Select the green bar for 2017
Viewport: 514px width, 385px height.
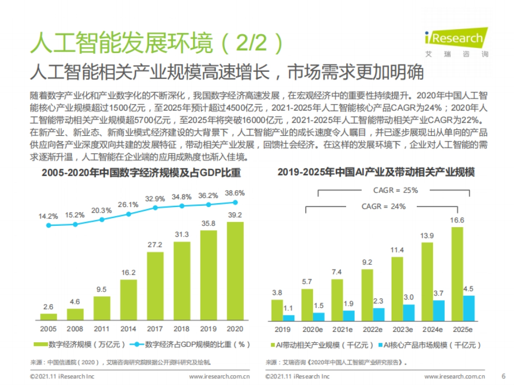[155, 286]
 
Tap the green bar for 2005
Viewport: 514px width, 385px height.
[48, 317]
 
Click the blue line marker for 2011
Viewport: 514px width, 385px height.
[102, 219]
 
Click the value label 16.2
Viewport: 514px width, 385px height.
[128, 272]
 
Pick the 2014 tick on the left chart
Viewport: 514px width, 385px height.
[128, 329]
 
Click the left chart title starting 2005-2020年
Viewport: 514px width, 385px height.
[141, 173]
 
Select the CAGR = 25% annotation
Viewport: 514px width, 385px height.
[393, 190]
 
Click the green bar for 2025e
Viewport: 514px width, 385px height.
[457, 274]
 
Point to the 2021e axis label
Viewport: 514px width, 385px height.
[343, 329]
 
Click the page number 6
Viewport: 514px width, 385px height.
[503, 376]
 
